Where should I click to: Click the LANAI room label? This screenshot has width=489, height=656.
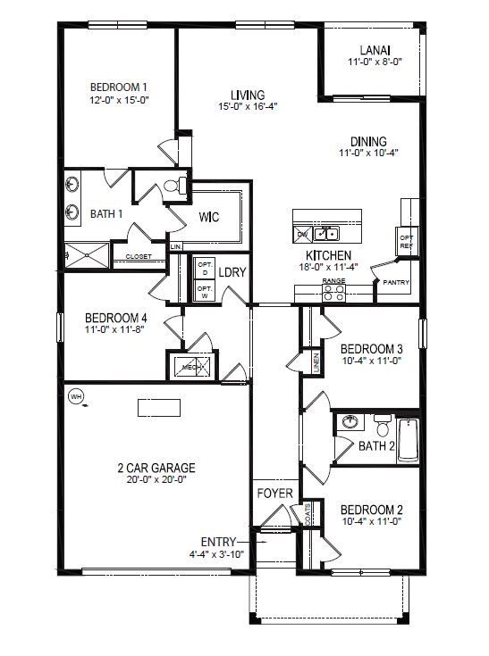[x=370, y=51]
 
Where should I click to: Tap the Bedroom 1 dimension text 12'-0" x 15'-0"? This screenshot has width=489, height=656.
[x=118, y=100]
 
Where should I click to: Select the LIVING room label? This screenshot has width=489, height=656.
[x=248, y=95]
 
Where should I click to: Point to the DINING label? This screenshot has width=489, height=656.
[x=367, y=141]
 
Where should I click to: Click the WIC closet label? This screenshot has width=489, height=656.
[x=209, y=217]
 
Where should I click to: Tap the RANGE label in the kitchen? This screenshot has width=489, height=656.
[x=333, y=281]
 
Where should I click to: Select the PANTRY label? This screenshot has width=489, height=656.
[x=395, y=282]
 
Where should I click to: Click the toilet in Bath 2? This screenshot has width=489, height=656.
[x=382, y=423]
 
